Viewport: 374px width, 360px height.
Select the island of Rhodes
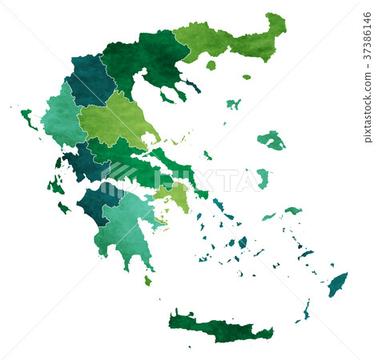pyautogui.click(x=337, y=284)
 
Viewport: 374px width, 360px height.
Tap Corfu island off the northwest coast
pyautogui.click(x=27, y=118)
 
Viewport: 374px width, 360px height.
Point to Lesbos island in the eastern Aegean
pyautogui.click(x=272, y=141)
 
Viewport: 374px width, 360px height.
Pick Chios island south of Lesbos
pyautogui.click(x=263, y=178)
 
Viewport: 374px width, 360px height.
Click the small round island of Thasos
pyautogui.click(x=211, y=65)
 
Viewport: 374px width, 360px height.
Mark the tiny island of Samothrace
pyautogui.click(x=247, y=77)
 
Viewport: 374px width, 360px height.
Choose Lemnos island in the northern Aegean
pyautogui.click(x=233, y=104)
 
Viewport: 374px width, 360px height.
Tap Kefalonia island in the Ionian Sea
pyautogui.click(x=55, y=186)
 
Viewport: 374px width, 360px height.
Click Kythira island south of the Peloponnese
pyautogui.click(x=147, y=281)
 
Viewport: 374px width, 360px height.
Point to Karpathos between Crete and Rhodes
pyautogui.click(x=306, y=309)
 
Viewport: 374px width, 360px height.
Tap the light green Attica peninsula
pyautogui.click(x=174, y=195)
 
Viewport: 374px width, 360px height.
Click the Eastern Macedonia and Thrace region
pyautogui.click(x=232, y=40)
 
